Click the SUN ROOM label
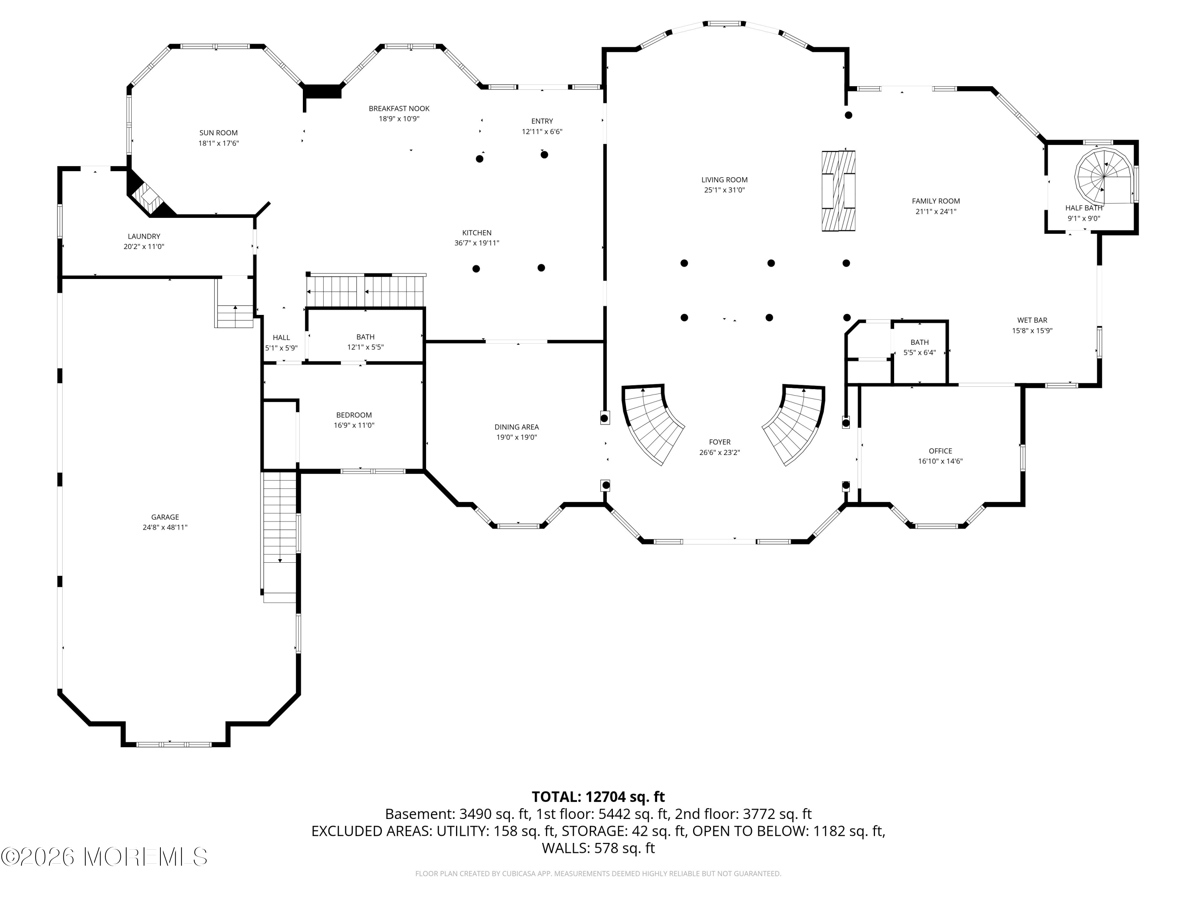point(219,133)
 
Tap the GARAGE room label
point(165,517)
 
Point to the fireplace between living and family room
point(838,190)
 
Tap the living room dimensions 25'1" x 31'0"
point(725,190)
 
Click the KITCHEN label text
point(477,233)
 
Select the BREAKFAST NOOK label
point(399,108)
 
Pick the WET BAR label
point(1032,320)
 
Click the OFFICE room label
point(940,451)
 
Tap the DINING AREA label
point(517,427)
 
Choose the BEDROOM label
point(354,415)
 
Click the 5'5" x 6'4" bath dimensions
point(919,352)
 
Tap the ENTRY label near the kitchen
point(542,121)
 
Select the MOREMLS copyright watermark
point(104,857)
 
